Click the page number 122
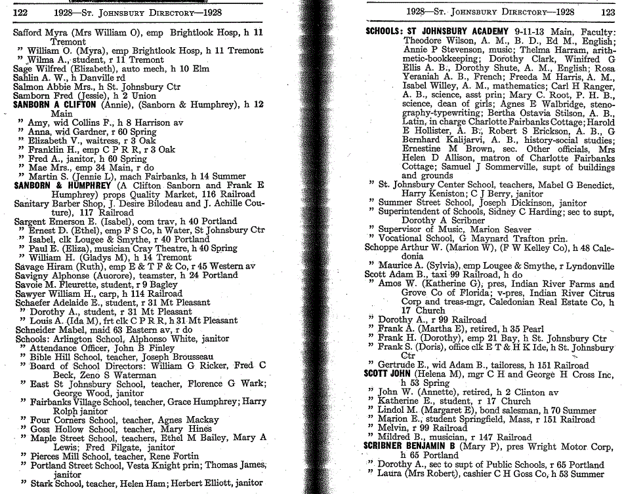click(21, 12)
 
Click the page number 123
click(606, 11)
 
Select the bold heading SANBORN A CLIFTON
click(54, 105)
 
